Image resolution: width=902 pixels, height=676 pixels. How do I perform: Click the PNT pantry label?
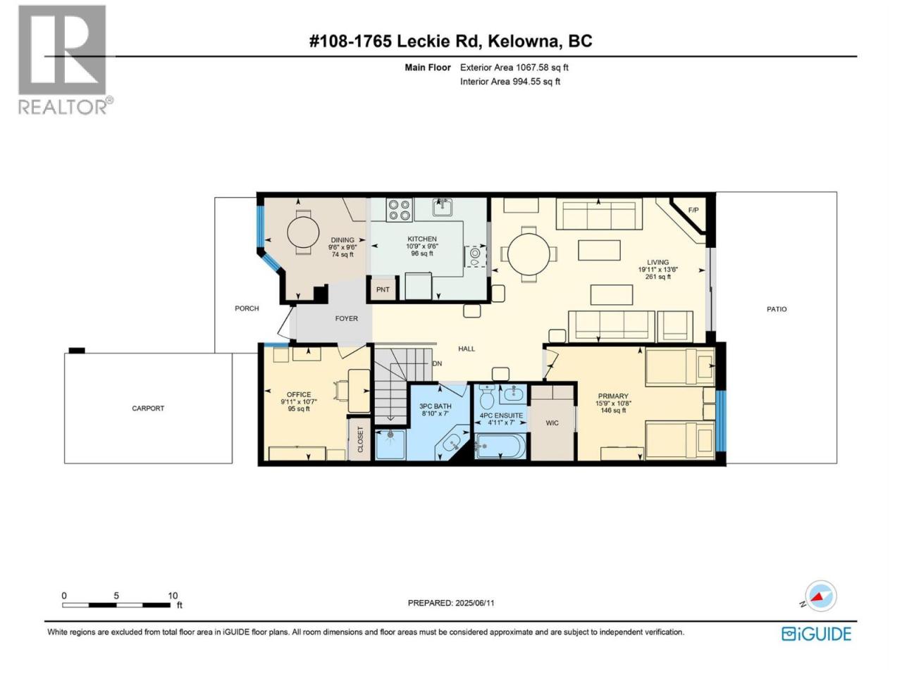(382, 289)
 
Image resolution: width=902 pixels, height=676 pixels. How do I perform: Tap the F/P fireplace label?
(693, 210)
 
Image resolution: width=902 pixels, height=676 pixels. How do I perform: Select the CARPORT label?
(148, 408)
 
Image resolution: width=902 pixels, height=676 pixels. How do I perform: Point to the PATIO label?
(777, 309)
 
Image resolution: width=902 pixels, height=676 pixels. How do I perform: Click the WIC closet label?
(552, 423)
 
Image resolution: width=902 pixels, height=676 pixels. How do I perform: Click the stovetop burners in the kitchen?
(400, 210)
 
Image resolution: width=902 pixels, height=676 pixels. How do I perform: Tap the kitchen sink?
(442, 207)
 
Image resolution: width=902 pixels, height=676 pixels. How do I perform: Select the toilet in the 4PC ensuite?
(486, 395)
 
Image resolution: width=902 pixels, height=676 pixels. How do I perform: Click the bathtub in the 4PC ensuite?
(500, 446)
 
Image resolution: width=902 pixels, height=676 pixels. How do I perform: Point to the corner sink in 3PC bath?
(453, 442)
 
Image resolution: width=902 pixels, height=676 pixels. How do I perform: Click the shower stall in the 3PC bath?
(390, 444)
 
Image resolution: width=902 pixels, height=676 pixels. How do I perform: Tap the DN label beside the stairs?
(437, 363)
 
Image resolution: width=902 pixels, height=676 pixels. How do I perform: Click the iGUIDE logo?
(816, 634)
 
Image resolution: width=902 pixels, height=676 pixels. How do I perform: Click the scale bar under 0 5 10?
(116, 605)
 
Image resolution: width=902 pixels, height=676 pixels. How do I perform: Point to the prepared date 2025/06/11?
(475, 603)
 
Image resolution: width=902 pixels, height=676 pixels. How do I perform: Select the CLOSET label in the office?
(360, 439)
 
